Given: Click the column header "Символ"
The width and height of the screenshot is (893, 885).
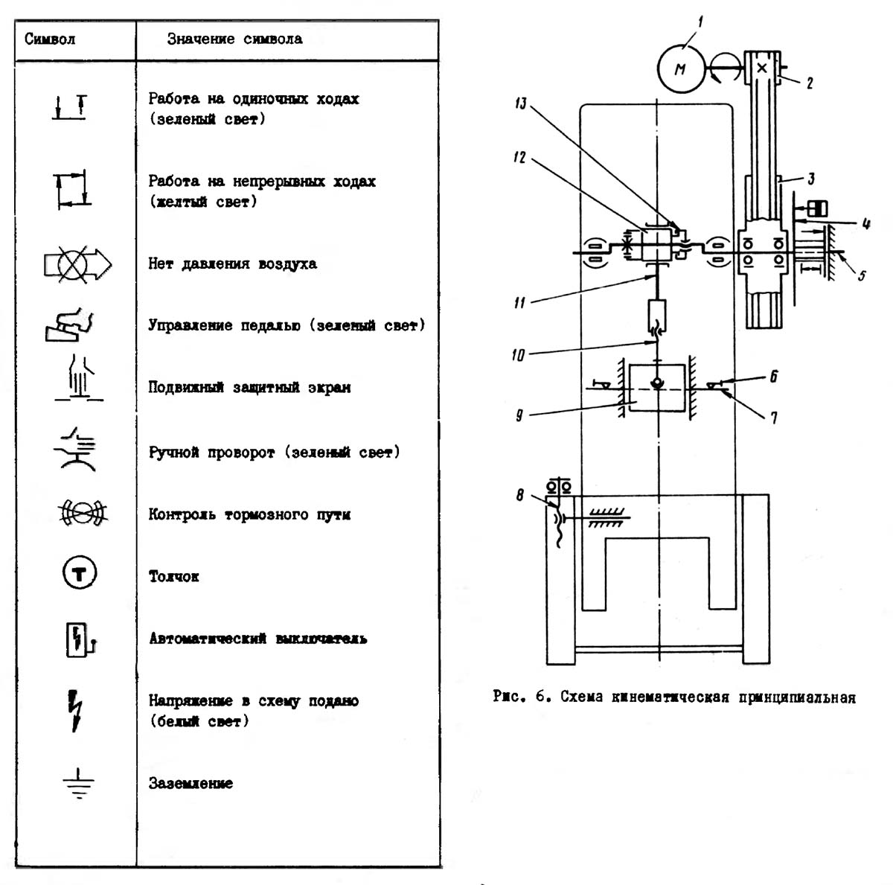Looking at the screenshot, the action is [x=50, y=39].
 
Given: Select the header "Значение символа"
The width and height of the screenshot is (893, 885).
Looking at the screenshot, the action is [x=235, y=39].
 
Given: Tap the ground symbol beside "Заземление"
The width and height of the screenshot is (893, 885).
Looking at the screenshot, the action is [x=78, y=783].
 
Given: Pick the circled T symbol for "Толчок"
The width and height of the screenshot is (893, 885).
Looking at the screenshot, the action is [x=79, y=572].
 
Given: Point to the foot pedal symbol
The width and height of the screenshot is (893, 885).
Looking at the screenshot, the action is [x=69, y=325].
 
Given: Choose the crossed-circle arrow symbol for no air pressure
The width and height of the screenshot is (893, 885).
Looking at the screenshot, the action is [x=77, y=265].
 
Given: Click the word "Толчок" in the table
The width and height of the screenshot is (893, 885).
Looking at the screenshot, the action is [x=174, y=576].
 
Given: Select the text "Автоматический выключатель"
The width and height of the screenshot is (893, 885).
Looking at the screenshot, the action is [x=258, y=639].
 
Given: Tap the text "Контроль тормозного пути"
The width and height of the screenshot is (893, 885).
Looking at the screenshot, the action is [x=249, y=514].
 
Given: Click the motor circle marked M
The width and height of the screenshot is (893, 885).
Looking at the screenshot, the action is [x=680, y=68].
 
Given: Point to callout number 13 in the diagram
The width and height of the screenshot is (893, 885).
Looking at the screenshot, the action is [x=521, y=103].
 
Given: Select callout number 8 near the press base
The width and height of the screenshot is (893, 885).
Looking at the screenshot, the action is [x=520, y=496].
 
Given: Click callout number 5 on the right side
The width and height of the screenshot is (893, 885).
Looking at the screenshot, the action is [x=861, y=276].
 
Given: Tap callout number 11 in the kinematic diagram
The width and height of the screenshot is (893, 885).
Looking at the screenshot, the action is [x=519, y=303].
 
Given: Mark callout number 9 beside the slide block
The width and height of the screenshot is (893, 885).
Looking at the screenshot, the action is [x=519, y=415].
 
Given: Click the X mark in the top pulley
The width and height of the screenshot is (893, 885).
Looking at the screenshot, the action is [x=762, y=68].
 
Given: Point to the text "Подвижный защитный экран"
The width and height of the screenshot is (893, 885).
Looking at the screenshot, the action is [x=249, y=387].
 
